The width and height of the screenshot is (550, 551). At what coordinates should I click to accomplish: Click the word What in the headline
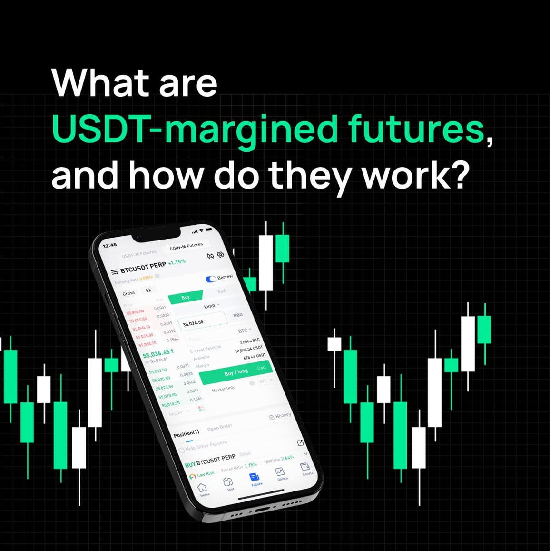[x=99, y=84]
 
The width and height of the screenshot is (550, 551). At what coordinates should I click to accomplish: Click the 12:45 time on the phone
[x=109, y=245]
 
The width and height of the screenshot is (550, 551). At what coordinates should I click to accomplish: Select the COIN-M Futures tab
[x=186, y=246]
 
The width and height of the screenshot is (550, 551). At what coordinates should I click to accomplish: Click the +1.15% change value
[x=177, y=262]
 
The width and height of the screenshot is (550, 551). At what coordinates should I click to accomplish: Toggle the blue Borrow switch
[x=211, y=279]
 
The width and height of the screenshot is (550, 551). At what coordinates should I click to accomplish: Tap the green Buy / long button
[x=236, y=372]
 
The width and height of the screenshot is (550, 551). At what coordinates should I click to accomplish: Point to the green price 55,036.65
[x=156, y=353]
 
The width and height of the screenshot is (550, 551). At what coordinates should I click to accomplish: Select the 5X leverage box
[x=149, y=290]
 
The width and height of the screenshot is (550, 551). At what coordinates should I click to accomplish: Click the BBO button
[x=238, y=315]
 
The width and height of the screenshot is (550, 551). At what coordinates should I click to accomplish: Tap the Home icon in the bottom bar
[x=203, y=488]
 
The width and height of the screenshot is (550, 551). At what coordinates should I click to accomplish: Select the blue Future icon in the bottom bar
[x=255, y=478]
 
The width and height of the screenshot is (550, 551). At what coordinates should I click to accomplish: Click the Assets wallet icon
[x=306, y=467]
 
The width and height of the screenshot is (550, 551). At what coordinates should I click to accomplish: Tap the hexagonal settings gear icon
[x=221, y=255]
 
